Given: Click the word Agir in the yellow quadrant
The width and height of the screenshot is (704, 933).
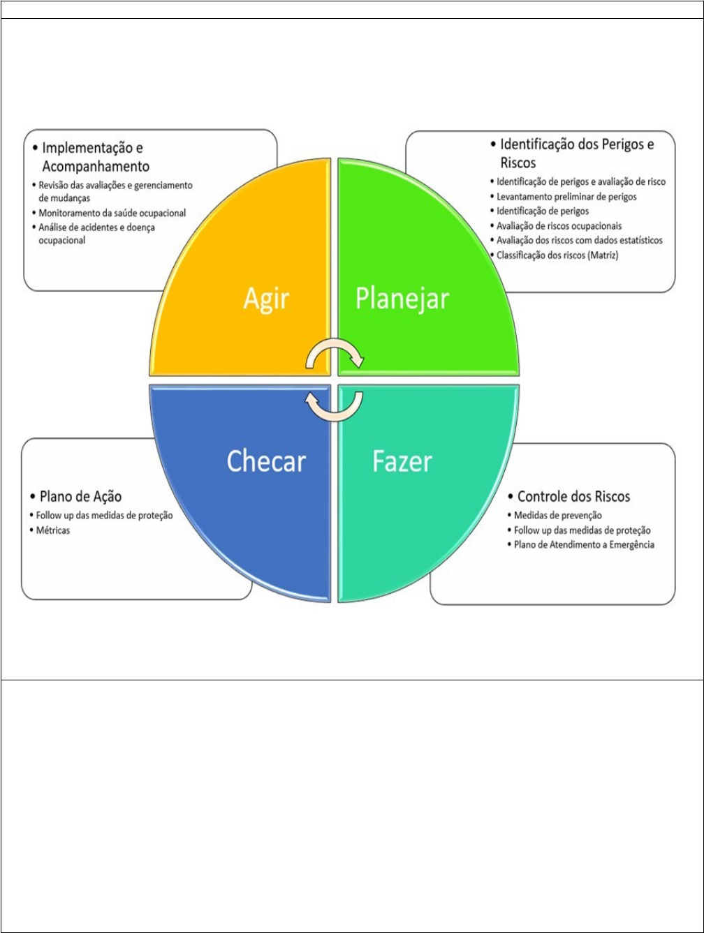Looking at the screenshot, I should click(x=266, y=299).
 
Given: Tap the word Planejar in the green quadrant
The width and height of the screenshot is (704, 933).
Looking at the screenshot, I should click(x=402, y=299).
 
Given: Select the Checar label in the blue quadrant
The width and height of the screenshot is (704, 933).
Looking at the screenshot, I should click(x=266, y=461).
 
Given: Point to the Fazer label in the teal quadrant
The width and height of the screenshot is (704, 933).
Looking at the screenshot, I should click(x=402, y=461).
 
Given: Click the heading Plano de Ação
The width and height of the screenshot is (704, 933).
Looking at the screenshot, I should click(x=80, y=496).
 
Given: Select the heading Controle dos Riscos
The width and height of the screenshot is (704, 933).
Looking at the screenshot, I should click(x=573, y=496).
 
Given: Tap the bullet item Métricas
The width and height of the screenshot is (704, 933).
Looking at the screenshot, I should click(x=55, y=530).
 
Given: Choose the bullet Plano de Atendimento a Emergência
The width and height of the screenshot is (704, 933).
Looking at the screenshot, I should click(x=584, y=544).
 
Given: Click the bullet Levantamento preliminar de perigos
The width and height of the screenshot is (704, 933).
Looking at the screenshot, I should click(x=566, y=196).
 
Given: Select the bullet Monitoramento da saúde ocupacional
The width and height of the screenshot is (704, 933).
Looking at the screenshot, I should click(x=112, y=213).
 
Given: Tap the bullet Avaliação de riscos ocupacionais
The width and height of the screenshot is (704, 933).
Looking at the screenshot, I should click(x=559, y=225).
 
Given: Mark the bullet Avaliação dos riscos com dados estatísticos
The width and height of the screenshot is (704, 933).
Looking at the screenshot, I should click(x=580, y=240).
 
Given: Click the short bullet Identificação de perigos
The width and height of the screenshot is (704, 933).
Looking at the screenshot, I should click(x=543, y=211).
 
